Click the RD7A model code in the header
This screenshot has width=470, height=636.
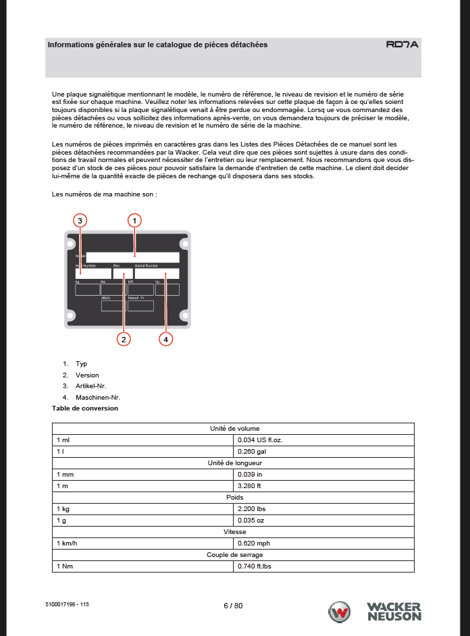pyautogui.click(x=402, y=45)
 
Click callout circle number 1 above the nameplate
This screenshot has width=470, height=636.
pyautogui.click(x=135, y=220)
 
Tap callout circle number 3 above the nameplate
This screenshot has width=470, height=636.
pyautogui.click(x=80, y=220)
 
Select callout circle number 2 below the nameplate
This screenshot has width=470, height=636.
pyautogui.click(x=123, y=339)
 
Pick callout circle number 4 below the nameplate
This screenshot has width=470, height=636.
pyautogui.click(x=165, y=339)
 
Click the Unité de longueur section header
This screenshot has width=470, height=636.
pyautogui.click(x=233, y=462)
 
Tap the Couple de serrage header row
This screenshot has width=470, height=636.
pyautogui.click(x=233, y=554)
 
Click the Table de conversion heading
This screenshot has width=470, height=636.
pyautogui.click(x=85, y=408)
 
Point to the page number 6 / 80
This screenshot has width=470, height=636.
pyautogui.click(x=233, y=606)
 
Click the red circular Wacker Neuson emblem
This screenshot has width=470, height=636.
pyautogui.click(x=339, y=612)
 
